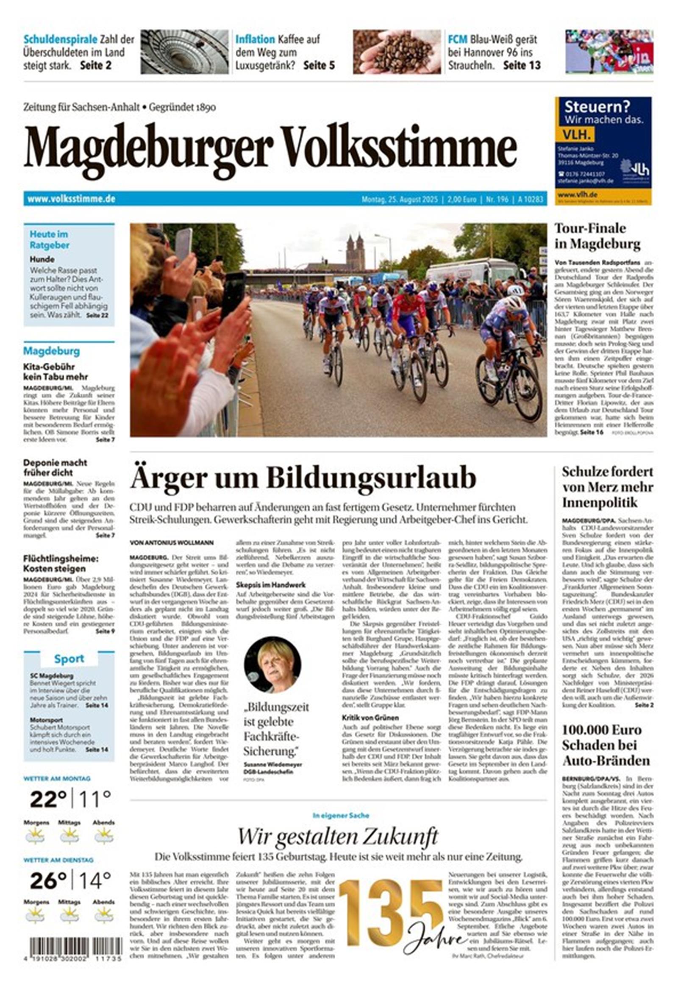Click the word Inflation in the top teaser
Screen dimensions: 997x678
[255, 39]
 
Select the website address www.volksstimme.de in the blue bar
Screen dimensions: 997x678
[71, 199]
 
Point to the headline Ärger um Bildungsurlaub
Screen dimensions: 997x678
[303, 478]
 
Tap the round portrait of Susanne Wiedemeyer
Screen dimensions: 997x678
[272, 664]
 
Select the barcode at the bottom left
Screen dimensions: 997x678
[75, 950]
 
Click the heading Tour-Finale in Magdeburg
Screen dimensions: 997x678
[597, 236]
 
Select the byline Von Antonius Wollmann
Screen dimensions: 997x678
[171, 543]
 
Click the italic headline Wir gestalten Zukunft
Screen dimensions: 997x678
[338, 836]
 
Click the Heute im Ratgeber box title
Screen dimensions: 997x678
[49, 240]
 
